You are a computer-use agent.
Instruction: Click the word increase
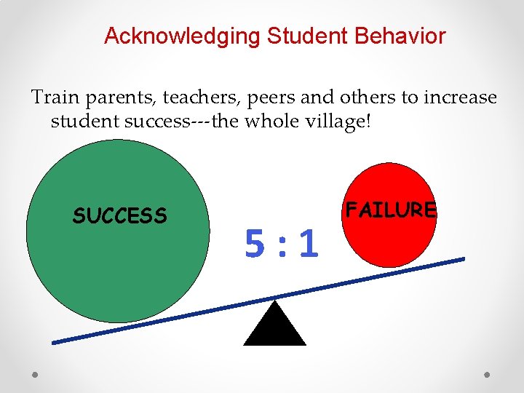tap(456, 98)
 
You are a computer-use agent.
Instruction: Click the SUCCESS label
tap(120, 215)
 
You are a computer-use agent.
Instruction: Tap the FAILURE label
tap(391, 210)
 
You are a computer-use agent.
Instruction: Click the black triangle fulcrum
tap(274, 326)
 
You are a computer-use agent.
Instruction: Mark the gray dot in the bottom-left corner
tap(35, 374)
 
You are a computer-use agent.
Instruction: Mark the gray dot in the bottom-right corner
tap(488, 374)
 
